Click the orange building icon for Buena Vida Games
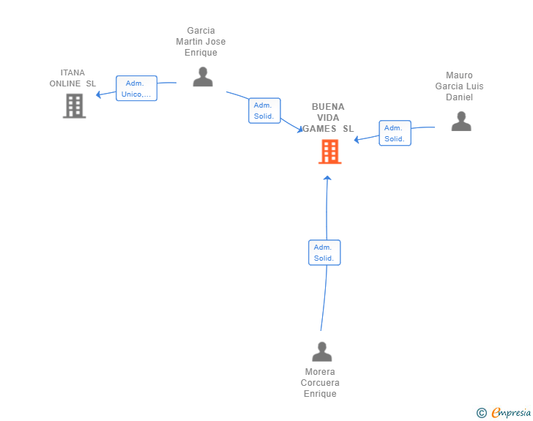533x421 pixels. click(x=329, y=152)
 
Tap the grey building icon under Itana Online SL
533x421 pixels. click(x=75, y=105)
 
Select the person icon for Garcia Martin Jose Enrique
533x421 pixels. click(x=203, y=77)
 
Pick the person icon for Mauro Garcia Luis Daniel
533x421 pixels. click(x=461, y=121)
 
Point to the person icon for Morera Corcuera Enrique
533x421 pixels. click(x=322, y=351)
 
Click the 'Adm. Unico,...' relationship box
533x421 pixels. click(x=136, y=89)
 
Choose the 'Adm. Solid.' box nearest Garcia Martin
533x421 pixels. click(x=264, y=111)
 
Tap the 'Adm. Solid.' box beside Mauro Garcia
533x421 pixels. click(x=395, y=133)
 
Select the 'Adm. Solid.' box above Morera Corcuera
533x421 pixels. click(x=324, y=253)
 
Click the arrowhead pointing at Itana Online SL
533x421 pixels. click(x=99, y=94)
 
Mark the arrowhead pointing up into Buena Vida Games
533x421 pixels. click(x=327, y=178)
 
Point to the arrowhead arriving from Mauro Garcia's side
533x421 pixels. click(x=357, y=139)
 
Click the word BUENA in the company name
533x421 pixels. click(x=328, y=107)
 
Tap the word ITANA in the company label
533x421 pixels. click(x=72, y=72)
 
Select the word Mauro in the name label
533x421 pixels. click(x=459, y=75)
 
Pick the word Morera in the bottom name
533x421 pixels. click(x=320, y=372)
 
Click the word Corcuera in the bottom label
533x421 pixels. click(x=320, y=383)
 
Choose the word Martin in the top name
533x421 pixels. click(x=189, y=42)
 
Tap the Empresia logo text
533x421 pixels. click(x=511, y=412)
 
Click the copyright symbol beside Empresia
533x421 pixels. click(x=482, y=413)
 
